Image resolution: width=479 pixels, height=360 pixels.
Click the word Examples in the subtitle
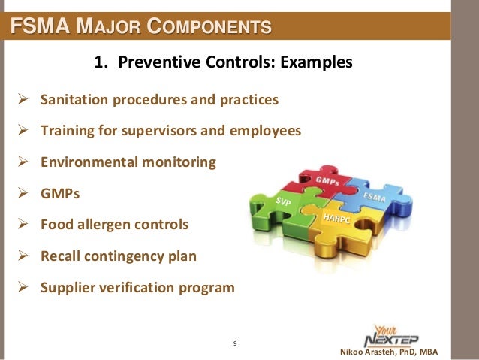point(315,62)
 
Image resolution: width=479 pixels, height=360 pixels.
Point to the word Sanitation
point(75,100)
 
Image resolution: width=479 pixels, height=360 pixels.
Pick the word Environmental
point(89,162)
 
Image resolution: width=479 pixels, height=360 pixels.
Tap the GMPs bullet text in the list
point(59,193)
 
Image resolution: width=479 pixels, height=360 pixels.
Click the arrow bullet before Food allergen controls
point(23,225)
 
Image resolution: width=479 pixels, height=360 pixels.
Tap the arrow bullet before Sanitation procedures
point(23,100)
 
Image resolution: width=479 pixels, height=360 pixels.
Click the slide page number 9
point(235,344)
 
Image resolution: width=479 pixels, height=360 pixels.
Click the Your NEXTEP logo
point(392,331)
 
